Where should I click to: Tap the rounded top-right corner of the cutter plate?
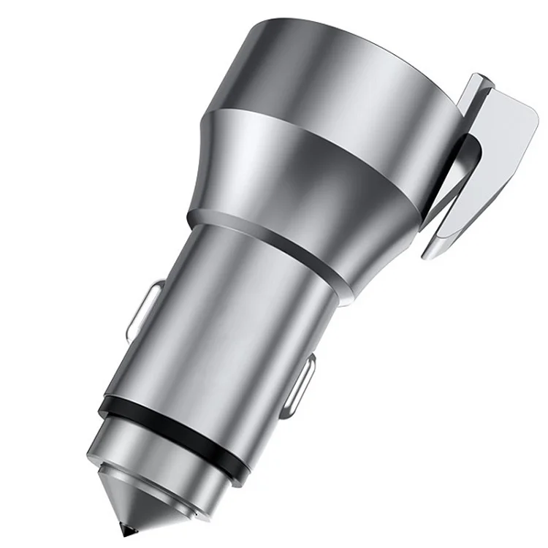pyautogui.click(x=530, y=113)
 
